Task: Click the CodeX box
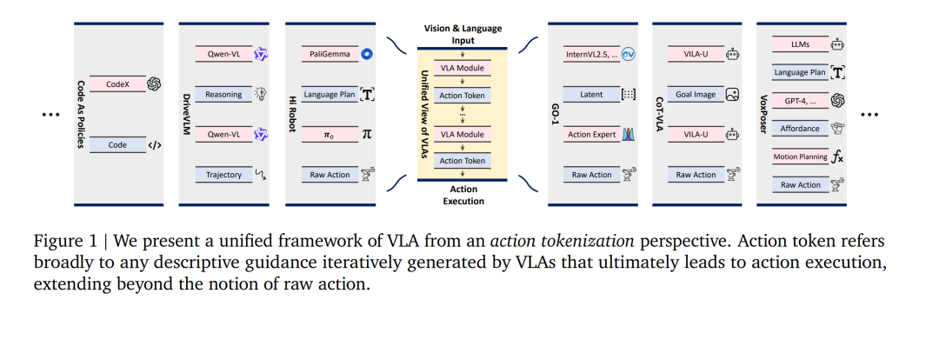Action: (117, 84)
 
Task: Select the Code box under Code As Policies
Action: (117, 144)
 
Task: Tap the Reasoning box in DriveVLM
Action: (223, 94)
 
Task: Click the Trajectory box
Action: (223, 175)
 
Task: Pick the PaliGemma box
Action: (330, 54)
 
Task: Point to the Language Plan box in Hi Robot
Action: (330, 94)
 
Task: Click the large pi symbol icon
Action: (367, 134)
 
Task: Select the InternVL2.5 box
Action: (591, 54)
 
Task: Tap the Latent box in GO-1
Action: (591, 94)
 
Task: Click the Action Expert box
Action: (591, 134)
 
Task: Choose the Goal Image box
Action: (696, 94)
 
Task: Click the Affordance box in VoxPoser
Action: (800, 128)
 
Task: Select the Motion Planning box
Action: (800, 157)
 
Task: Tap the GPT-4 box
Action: (800, 100)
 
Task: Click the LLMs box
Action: (800, 43)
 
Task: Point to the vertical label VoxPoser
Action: (763, 115)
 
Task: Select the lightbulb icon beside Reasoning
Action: (261, 94)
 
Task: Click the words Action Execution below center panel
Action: (463, 196)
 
